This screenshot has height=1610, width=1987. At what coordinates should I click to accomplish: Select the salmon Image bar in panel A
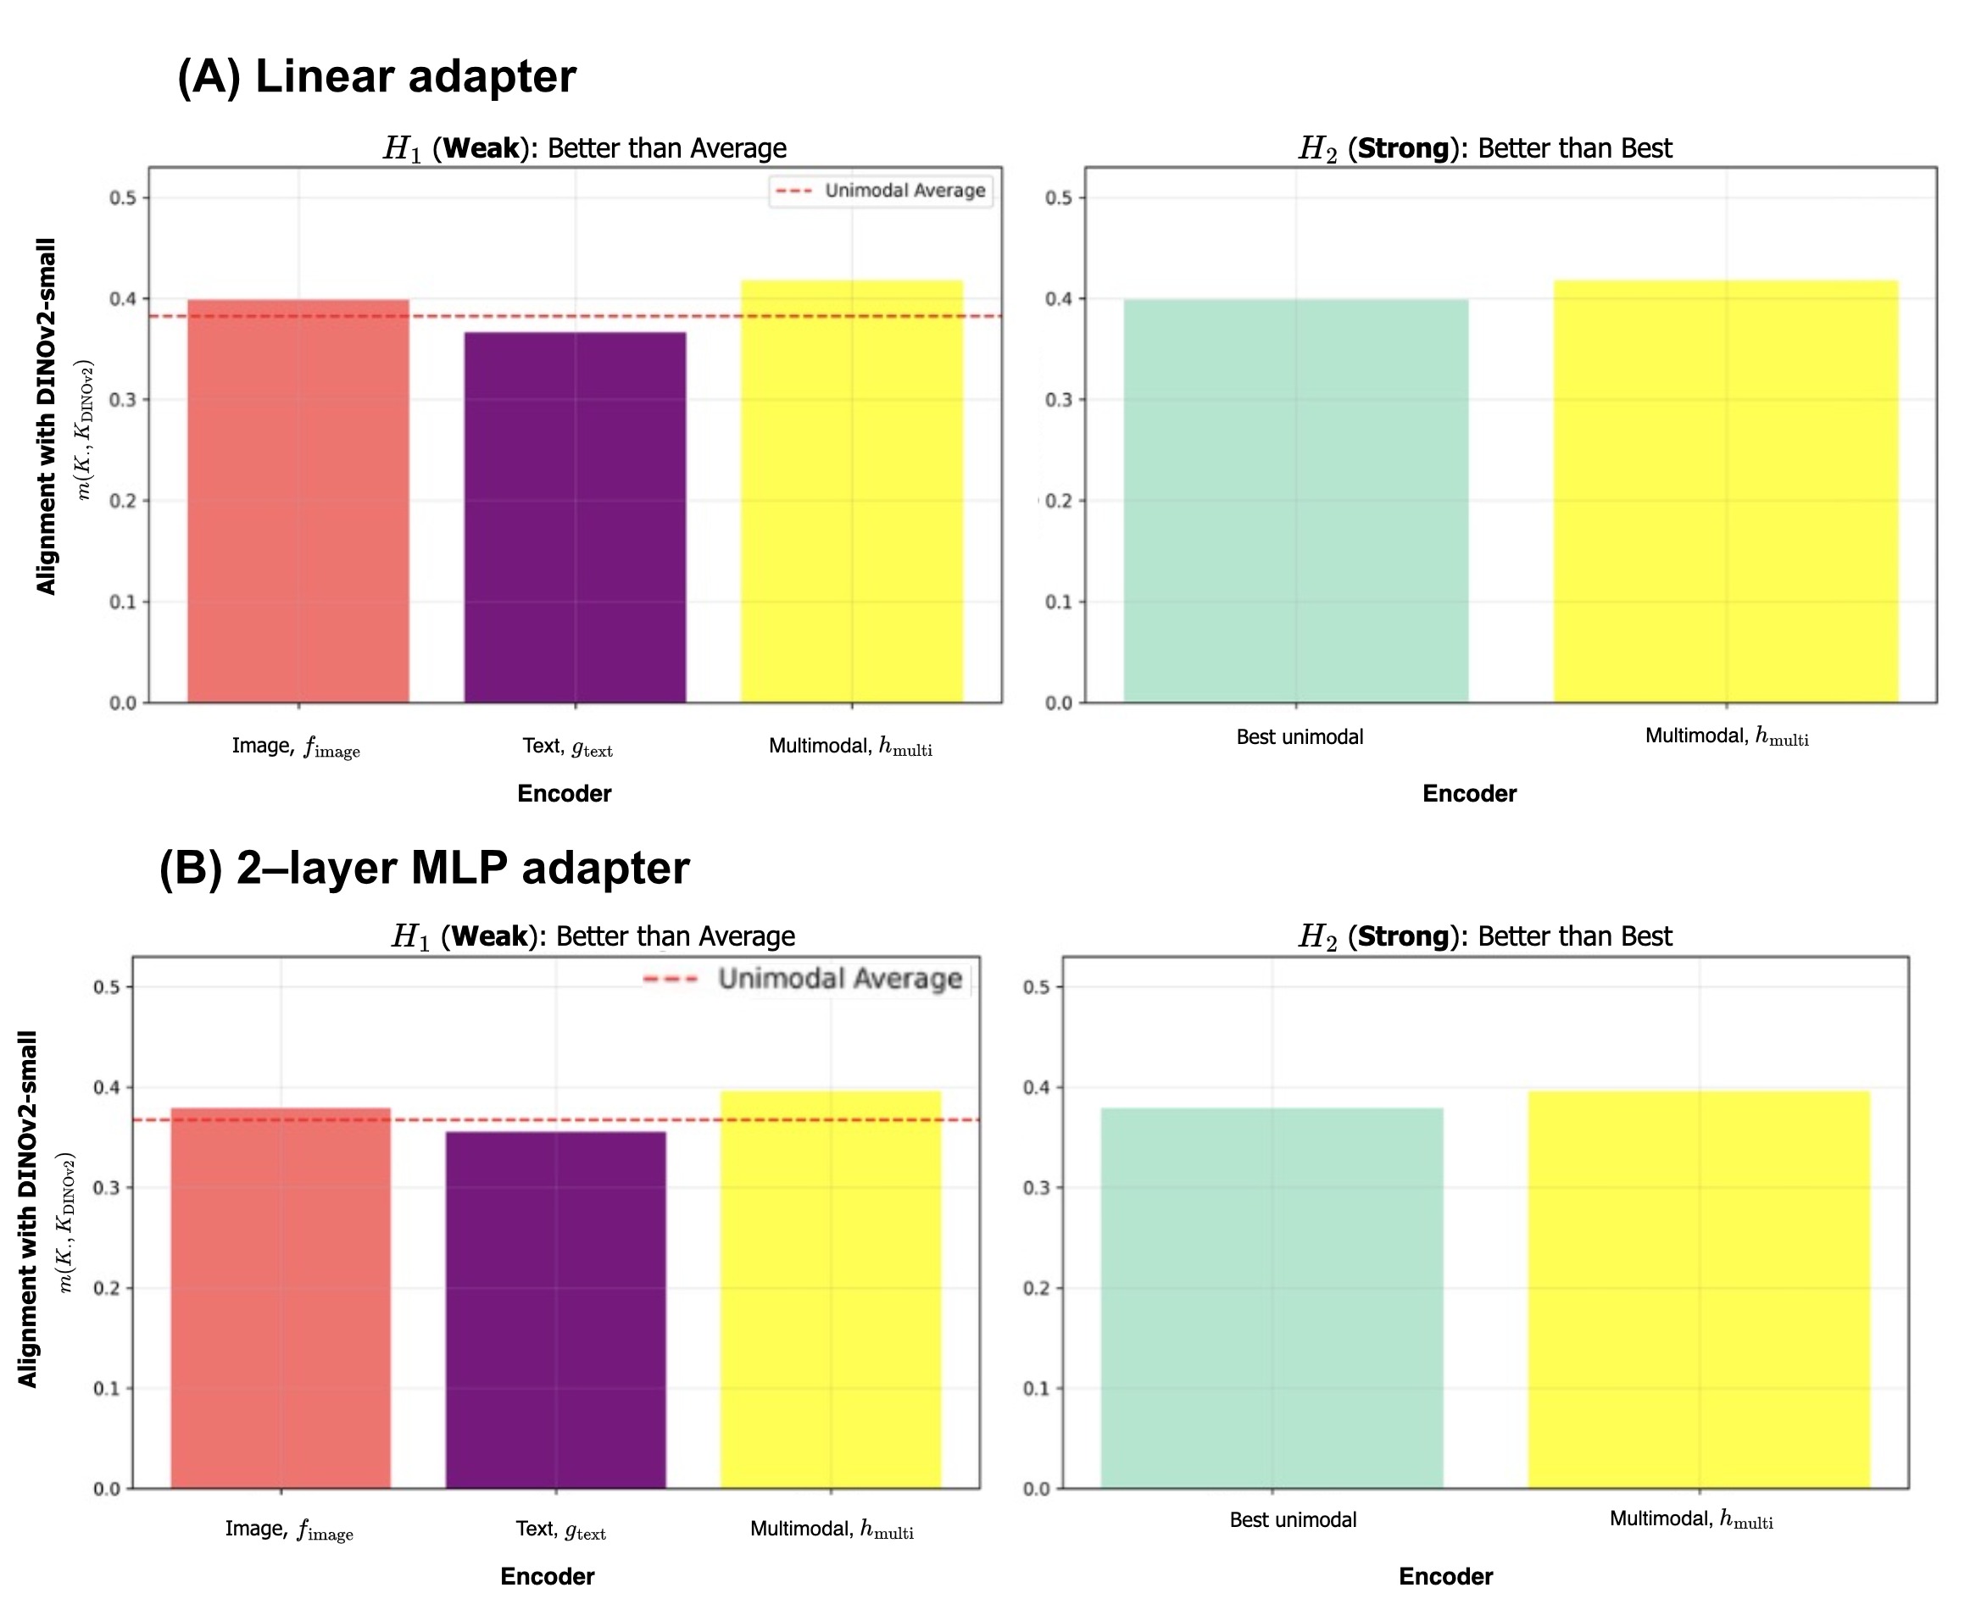[298, 501]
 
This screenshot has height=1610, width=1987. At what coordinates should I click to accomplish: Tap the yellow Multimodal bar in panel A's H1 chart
[852, 491]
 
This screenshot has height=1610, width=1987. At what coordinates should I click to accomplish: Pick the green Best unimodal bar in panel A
[1296, 501]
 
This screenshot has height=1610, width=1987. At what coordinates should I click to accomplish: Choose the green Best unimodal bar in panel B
[1272, 1298]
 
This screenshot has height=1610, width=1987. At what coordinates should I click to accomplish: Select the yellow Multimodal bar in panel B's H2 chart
[1699, 1289]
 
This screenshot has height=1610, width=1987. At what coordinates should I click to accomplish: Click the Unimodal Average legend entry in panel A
[882, 191]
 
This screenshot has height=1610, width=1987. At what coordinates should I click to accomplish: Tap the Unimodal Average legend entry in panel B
[805, 980]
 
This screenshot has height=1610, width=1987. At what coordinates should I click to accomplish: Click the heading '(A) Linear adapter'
[376, 76]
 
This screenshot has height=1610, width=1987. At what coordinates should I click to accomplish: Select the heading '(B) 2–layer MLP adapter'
[424, 868]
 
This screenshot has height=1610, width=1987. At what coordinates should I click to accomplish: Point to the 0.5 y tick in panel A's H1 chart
[124, 197]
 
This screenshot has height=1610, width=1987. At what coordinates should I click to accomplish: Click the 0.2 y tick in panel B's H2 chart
[1036, 1288]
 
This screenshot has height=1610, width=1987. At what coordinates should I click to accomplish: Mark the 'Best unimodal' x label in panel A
[1300, 737]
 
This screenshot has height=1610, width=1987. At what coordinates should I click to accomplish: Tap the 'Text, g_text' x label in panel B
[560, 1529]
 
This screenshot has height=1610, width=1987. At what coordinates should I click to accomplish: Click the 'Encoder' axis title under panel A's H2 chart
[1469, 794]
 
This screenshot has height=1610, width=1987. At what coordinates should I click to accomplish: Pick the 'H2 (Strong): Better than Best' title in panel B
[1484, 936]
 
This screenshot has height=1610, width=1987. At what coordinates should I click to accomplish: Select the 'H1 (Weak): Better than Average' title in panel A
[584, 148]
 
